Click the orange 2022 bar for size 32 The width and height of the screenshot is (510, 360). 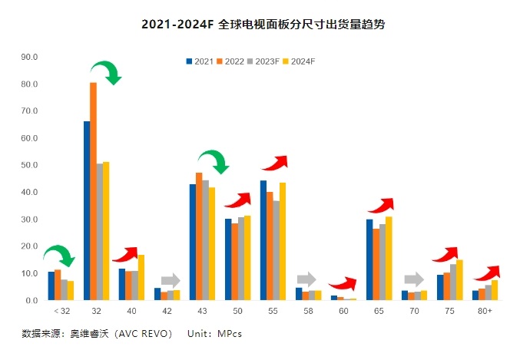tap(93, 191)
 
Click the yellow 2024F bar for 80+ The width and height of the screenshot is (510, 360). tap(495, 289)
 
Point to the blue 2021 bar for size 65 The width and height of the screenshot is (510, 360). tap(369, 259)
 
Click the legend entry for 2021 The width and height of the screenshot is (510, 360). tap(200, 61)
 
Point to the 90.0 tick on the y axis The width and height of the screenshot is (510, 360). tap(31, 57)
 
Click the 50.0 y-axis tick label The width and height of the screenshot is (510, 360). tap(31, 165)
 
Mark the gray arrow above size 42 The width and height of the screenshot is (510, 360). tap(170, 280)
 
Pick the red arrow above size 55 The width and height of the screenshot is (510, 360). tap(274, 163)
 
